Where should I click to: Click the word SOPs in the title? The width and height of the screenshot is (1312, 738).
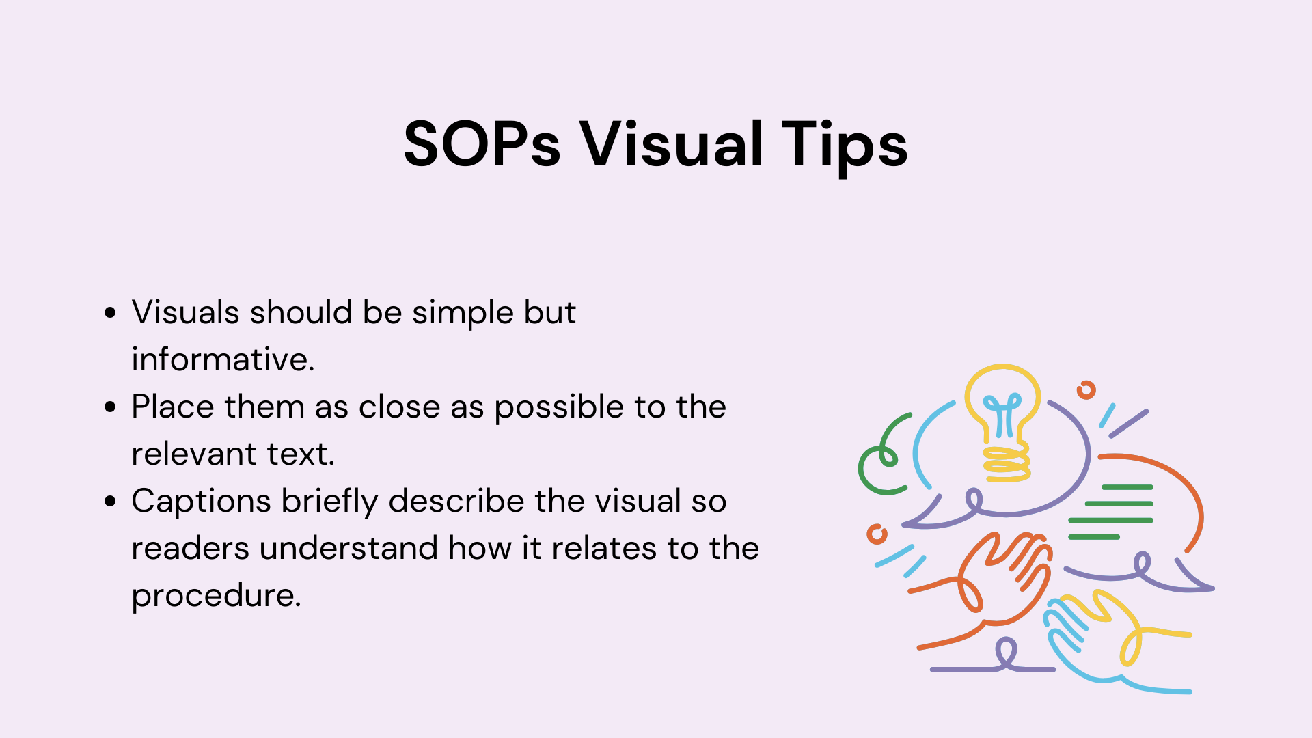click(482, 144)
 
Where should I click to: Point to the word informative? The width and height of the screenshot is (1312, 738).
click(223, 359)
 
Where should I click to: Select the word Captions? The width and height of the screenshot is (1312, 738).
click(202, 502)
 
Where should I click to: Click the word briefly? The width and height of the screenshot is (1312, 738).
click(330, 502)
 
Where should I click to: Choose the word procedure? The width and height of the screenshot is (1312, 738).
click(216, 597)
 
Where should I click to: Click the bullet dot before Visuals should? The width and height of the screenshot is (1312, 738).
click(110, 313)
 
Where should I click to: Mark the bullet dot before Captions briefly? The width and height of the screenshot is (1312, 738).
click(110, 502)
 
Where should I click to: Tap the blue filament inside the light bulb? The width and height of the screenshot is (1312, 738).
click(1003, 415)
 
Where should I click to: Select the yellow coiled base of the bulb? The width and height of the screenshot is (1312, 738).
click(1007, 464)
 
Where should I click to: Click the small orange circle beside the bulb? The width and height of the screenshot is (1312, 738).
click(1086, 390)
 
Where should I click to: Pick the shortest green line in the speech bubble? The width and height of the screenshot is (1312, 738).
click(1094, 537)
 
